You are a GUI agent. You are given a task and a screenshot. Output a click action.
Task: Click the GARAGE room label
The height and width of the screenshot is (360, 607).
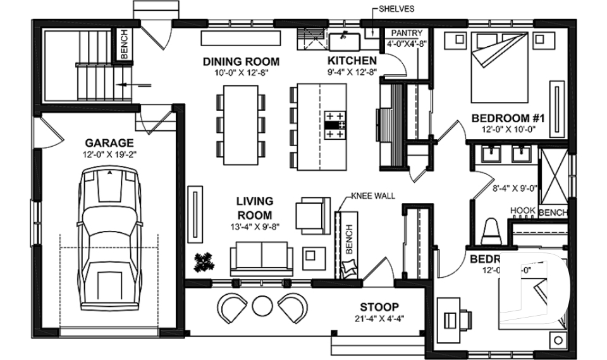(x=109, y=143)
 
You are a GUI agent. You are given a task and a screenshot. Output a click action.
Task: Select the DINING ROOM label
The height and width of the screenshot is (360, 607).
(x=241, y=61)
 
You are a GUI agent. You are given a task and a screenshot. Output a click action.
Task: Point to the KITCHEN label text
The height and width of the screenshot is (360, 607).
(x=352, y=61)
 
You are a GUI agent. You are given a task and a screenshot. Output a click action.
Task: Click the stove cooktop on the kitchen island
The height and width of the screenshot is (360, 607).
(x=335, y=125)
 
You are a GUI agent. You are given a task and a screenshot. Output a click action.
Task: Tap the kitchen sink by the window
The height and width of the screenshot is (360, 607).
(x=344, y=42)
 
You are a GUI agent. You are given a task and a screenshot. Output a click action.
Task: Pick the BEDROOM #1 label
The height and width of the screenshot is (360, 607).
(x=508, y=118)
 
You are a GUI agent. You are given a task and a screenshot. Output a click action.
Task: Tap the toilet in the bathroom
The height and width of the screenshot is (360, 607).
(x=491, y=232)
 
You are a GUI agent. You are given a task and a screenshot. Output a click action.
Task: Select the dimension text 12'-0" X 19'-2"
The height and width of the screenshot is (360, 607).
(x=109, y=154)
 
